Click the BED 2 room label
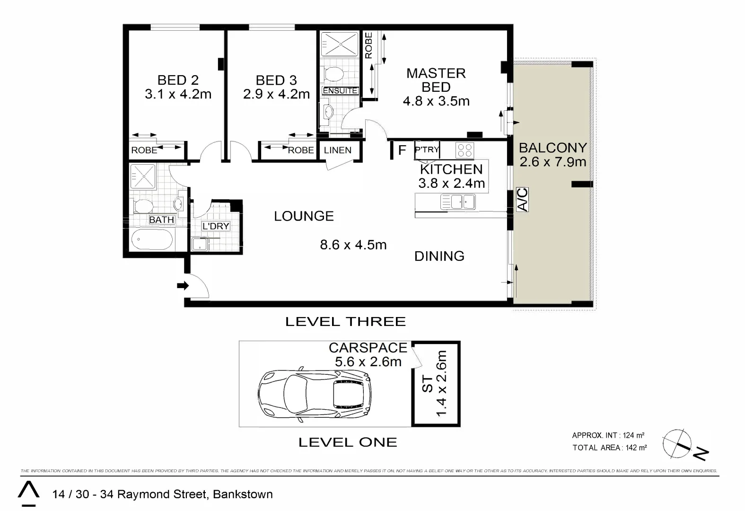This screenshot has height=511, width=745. click(178, 80)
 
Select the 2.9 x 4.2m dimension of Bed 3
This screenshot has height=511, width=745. click(276, 94)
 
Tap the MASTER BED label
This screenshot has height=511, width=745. click(436, 80)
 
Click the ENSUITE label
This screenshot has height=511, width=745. click(340, 90)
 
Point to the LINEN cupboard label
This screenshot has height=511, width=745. click(337, 150)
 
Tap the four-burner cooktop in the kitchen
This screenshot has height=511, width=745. click(465, 150)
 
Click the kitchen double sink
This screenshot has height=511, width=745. click(457, 203)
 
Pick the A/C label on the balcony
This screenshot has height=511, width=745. click(522, 200)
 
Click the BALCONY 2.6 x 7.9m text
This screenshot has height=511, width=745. click(552, 155)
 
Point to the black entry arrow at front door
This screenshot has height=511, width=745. click(183, 286)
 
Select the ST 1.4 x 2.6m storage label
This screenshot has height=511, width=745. click(434, 384)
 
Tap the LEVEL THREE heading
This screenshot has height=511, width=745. click(345, 322)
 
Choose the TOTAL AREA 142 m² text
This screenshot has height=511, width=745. click(609, 448)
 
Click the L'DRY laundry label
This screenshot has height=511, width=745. click(215, 226)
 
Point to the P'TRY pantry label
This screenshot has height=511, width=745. click(427, 150)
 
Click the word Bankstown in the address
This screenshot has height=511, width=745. click(243, 494)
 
